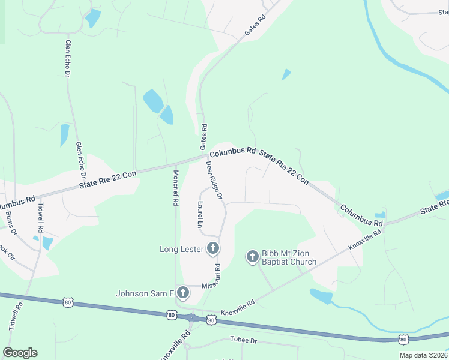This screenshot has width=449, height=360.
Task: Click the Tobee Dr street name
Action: tap(243, 340)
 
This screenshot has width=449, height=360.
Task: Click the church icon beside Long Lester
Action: tap(213, 248)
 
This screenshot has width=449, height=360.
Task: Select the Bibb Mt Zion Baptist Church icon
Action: tap(253, 257)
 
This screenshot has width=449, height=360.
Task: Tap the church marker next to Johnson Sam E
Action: tap(184, 293)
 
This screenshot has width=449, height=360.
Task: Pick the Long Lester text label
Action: tap(182, 248)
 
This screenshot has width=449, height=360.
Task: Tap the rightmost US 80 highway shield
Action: tap(403, 340)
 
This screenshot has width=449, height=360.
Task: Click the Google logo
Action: tap(20, 353)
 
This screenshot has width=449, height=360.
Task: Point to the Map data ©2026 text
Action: tap(423, 355)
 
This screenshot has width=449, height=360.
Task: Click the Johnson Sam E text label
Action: tap(145, 293)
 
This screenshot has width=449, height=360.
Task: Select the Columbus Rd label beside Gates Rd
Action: tap(233, 152)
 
